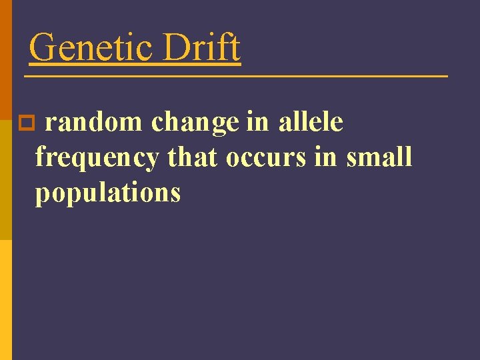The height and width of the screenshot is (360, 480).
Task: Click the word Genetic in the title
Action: point(91,48)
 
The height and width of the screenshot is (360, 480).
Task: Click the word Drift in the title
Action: point(202,48)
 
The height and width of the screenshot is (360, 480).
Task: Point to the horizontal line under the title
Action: point(236,77)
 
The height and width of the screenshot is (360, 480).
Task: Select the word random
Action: point(93,123)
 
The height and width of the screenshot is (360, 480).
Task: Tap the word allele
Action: point(311,123)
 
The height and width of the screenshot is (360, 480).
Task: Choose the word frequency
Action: point(97,159)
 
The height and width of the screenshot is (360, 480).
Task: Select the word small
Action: point(379,157)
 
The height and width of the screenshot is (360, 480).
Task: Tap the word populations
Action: point(108,193)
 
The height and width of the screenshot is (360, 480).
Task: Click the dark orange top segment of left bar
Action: point(5,53)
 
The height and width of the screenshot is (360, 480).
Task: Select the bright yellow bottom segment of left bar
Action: point(5,300)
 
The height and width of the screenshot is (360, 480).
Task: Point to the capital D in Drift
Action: point(177,48)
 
